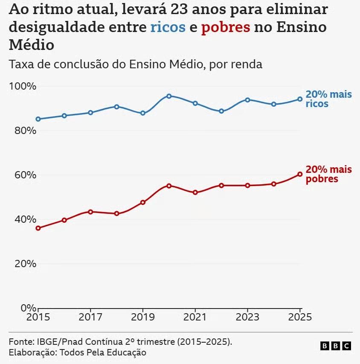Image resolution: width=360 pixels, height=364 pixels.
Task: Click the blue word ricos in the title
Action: click(x=168, y=27)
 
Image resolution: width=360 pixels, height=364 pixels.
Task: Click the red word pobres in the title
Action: click(x=225, y=27)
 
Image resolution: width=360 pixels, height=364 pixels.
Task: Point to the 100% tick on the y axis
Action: click(x=22, y=86)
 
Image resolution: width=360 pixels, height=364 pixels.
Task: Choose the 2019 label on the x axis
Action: click(x=143, y=317)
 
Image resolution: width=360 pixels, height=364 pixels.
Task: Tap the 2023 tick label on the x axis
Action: click(x=247, y=317)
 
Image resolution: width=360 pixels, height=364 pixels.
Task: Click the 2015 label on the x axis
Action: click(x=38, y=317)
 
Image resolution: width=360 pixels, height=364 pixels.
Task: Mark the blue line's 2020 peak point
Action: click(x=169, y=96)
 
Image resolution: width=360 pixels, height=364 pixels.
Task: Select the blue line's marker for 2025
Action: click(x=300, y=99)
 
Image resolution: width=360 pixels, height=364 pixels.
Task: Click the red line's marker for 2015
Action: click(x=38, y=228)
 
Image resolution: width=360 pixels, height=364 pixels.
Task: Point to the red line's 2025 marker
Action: click(x=300, y=174)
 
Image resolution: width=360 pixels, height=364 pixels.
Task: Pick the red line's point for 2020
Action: click(x=169, y=186)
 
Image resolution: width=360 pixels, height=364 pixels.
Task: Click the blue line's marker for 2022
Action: click(x=221, y=111)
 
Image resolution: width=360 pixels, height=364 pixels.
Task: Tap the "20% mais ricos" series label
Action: click(x=328, y=99)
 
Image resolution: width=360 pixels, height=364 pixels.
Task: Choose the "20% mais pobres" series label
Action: click(x=328, y=174)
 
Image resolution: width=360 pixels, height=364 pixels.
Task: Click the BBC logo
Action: click(x=336, y=346)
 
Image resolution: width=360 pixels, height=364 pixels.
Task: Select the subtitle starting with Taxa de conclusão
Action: click(x=135, y=64)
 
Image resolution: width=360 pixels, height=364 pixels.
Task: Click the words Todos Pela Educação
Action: click(x=103, y=352)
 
